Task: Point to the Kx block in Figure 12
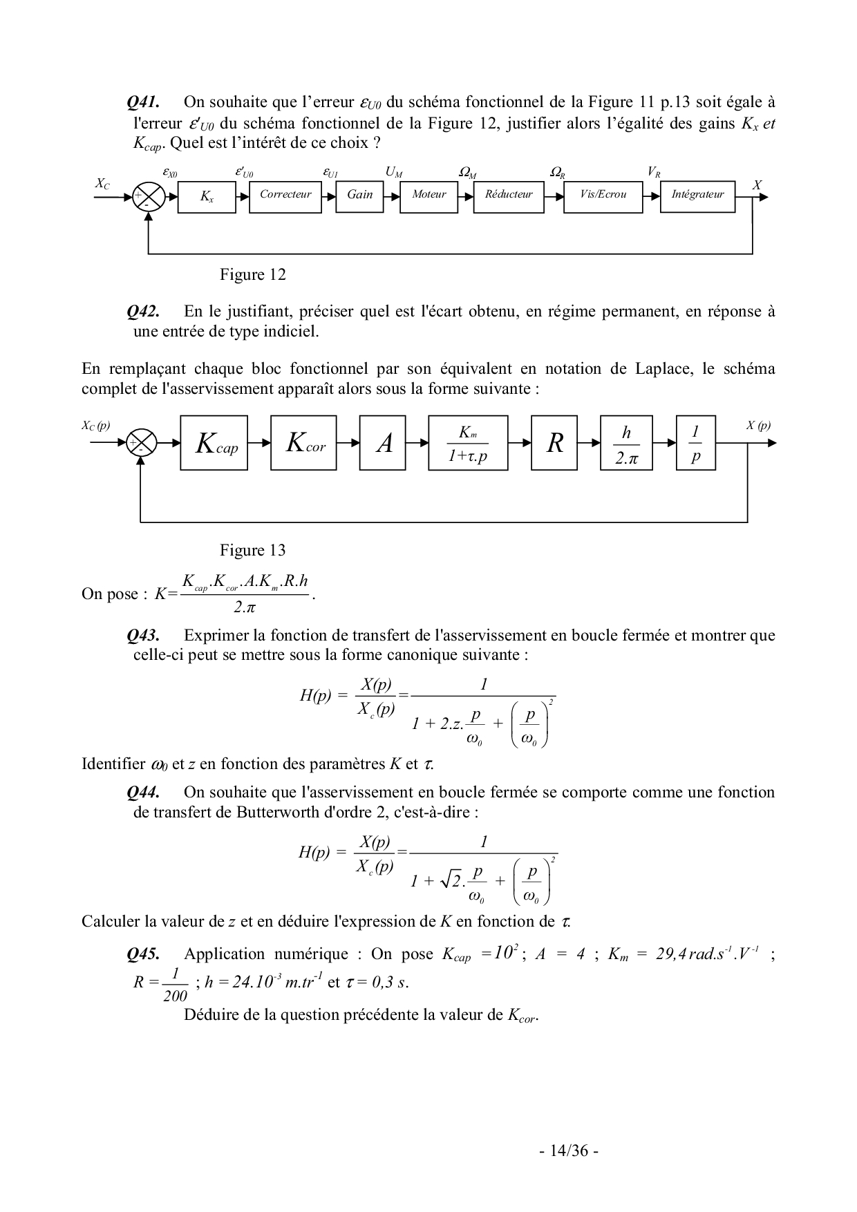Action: pos(207,197)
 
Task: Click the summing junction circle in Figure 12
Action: pos(149,197)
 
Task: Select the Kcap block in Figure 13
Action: pos(214,443)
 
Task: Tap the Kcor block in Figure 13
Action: pos(304,443)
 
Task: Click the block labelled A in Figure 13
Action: pos(384,443)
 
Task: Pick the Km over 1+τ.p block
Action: pos(468,443)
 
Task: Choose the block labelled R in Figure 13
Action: pos(554,443)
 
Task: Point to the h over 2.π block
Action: pos(626,443)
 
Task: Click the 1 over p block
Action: pos(696,443)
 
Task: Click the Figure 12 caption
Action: pos(252,275)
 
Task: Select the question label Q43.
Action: pos(143,635)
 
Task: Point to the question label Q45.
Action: pos(143,954)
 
